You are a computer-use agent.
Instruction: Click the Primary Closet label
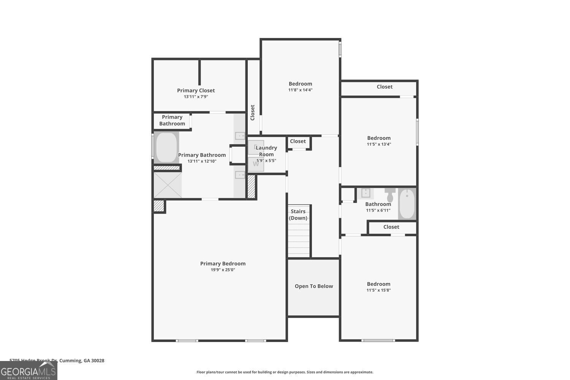(x=196, y=90)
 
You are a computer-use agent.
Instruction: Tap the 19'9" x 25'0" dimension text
(x=223, y=270)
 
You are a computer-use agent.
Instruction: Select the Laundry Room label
(x=266, y=151)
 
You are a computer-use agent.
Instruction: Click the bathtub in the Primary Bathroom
(x=166, y=147)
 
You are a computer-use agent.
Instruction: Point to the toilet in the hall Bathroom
(x=390, y=195)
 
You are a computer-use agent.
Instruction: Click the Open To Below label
(x=313, y=286)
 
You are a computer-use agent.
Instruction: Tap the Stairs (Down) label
(x=298, y=215)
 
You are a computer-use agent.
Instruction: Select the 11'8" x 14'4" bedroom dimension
(x=300, y=90)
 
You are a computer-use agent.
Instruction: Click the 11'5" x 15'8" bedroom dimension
(x=378, y=290)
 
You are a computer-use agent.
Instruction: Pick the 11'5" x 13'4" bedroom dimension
(x=379, y=144)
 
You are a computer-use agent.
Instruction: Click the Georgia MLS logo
(x=28, y=370)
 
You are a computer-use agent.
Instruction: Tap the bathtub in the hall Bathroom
(x=407, y=204)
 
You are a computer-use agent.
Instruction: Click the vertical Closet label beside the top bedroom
(x=253, y=112)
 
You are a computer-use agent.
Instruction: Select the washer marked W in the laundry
(x=256, y=164)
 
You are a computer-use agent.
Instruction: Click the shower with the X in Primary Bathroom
(x=168, y=185)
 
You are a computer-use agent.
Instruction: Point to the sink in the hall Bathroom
(x=366, y=193)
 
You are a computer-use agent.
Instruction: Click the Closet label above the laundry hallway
(x=298, y=141)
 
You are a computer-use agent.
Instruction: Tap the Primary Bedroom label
(x=223, y=263)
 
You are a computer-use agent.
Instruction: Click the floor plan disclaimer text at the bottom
(x=285, y=372)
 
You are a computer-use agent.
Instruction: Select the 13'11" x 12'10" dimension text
(x=202, y=161)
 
